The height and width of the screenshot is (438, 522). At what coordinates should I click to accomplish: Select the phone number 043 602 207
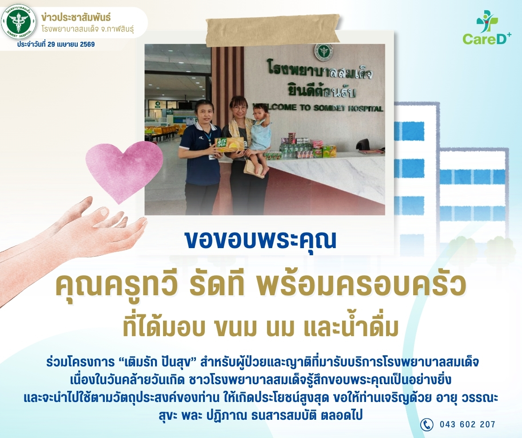coord(467,424)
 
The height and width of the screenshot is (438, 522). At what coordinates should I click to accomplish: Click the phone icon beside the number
coord(426,424)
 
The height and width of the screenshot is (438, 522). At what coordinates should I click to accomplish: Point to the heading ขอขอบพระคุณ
coord(261,240)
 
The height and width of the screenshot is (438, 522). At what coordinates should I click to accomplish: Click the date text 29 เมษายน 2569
coord(71,44)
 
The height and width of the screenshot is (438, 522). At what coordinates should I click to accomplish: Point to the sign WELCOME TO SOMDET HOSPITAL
coord(317,107)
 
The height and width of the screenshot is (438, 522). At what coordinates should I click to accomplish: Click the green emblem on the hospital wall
coord(323,52)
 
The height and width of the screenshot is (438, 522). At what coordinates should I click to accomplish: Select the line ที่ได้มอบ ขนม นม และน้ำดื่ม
coord(261,326)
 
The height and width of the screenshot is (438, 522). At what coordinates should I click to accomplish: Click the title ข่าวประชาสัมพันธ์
coord(76,17)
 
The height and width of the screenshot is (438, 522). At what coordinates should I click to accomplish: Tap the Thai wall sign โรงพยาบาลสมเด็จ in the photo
coord(320,70)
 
